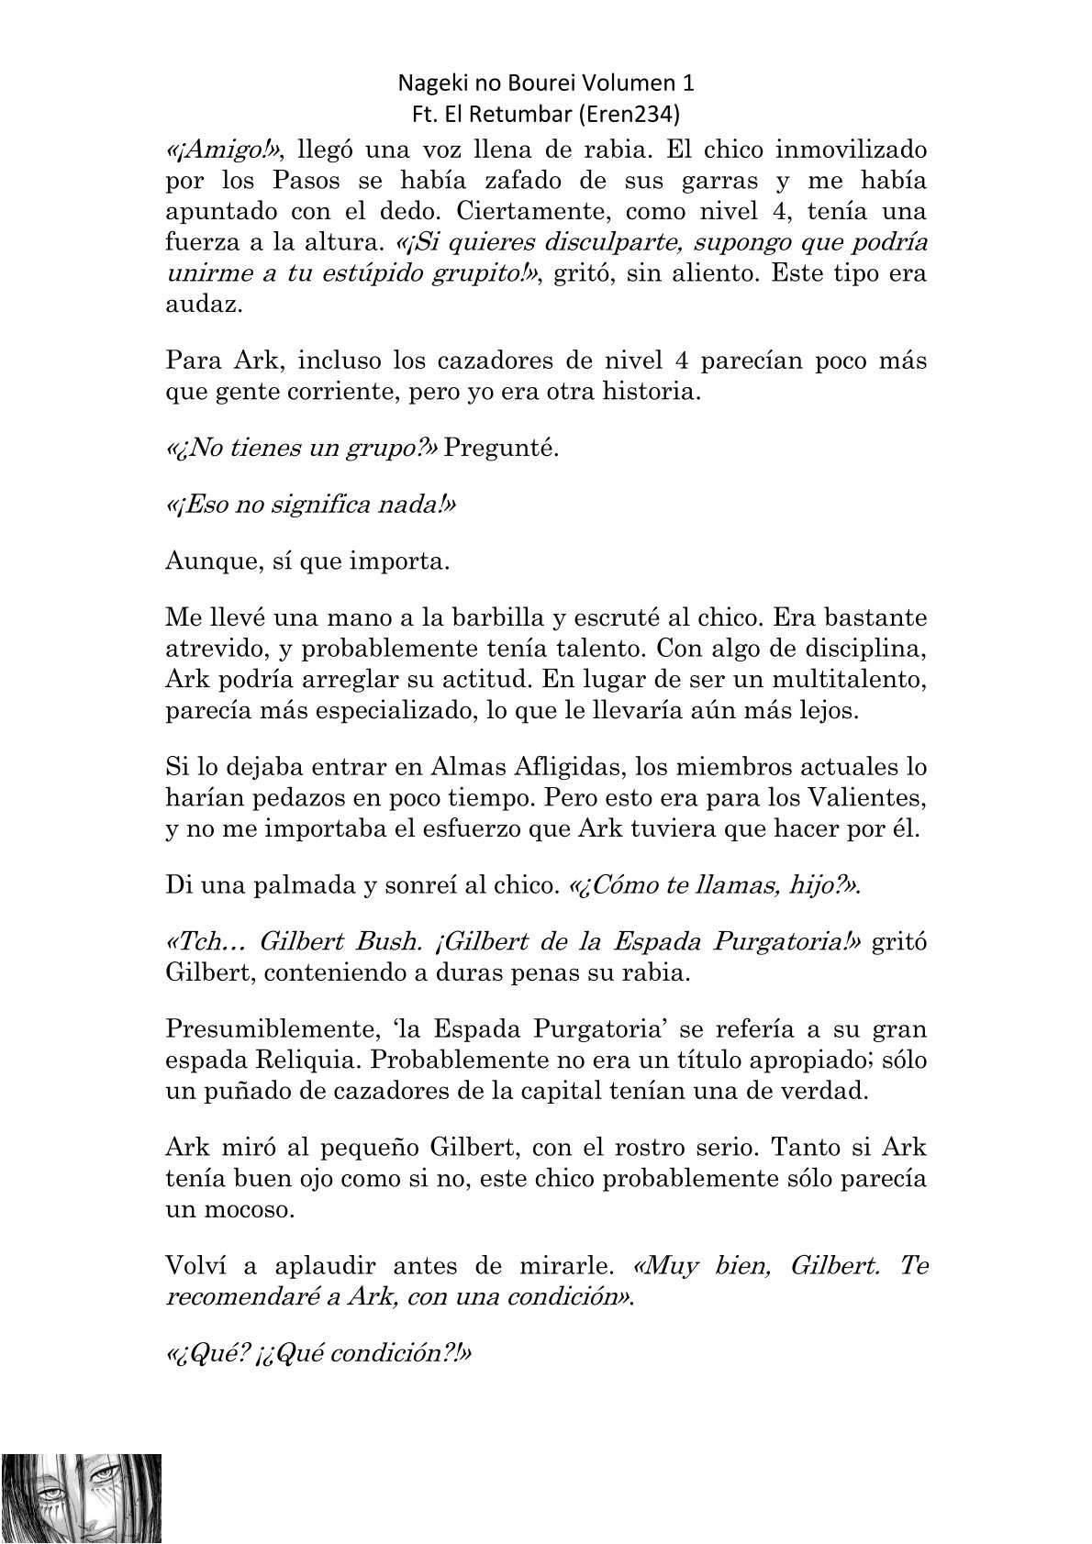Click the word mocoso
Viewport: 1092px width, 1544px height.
[252, 1209]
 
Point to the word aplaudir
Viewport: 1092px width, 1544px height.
[318, 1266]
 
